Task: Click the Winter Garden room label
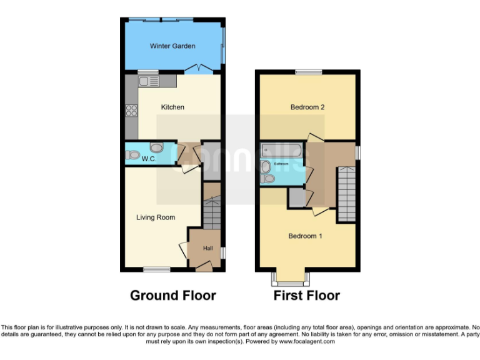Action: tap(172, 46)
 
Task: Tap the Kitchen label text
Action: tap(172, 107)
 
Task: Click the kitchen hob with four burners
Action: tap(132, 111)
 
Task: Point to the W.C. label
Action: tap(148, 159)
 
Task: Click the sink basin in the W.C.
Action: tap(156, 147)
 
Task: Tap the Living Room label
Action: tap(156, 217)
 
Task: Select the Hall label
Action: tap(208, 249)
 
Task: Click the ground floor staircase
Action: tap(212, 213)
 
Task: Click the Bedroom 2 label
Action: tap(307, 107)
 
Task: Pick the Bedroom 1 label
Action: tap(305, 236)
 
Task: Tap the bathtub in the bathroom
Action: tap(282, 151)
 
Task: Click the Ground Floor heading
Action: tap(172, 296)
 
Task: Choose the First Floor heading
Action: tap(307, 296)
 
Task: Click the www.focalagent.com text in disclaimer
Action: tap(307, 342)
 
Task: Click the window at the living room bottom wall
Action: tap(156, 269)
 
